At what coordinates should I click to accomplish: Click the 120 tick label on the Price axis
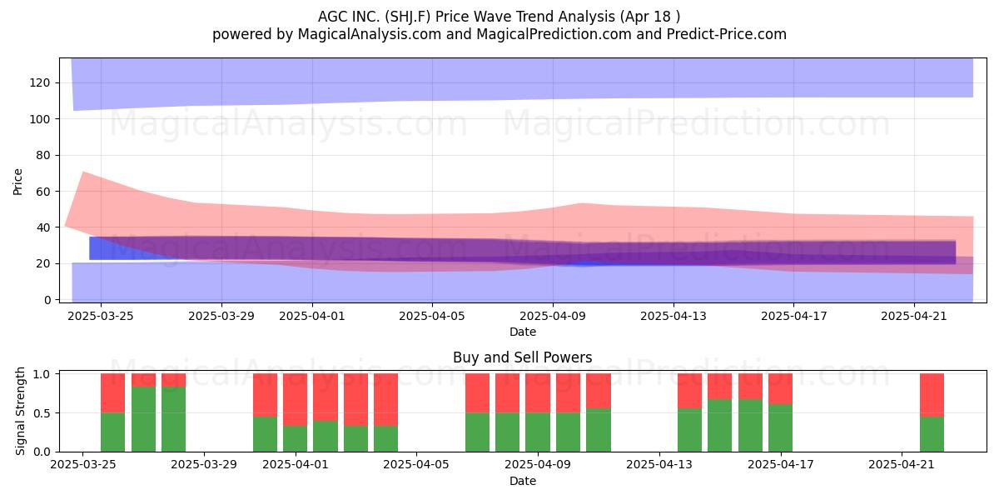pyautogui.click(x=40, y=83)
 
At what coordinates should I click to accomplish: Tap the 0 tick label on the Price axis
pyautogui.click(x=47, y=300)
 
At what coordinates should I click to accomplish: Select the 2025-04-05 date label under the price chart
pyautogui.click(x=432, y=316)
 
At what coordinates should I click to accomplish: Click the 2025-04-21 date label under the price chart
pyautogui.click(x=914, y=316)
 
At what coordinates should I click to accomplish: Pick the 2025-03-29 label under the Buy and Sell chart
pyautogui.click(x=204, y=465)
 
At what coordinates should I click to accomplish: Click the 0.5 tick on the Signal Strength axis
pyautogui.click(x=42, y=413)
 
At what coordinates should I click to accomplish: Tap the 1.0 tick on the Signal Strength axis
pyautogui.click(x=42, y=373)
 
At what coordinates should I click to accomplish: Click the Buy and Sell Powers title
pyautogui.click(x=522, y=357)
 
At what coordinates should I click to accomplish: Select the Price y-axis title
pyautogui.click(x=17, y=182)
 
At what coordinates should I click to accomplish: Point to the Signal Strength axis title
pyautogui.click(x=20, y=411)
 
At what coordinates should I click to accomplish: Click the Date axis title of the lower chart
pyautogui.click(x=523, y=481)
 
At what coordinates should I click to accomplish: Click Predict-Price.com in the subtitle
pyautogui.click(x=727, y=34)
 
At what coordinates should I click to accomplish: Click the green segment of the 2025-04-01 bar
pyautogui.click(x=296, y=439)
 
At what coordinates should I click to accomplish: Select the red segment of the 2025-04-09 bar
pyautogui.click(x=538, y=393)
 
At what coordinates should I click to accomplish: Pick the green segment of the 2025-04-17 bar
pyautogui.click(x=781, y=428)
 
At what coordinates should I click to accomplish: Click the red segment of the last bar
pyautogui.click(x=932, y=395)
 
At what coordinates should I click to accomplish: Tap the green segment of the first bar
pyautogui.click(x=113, y=432)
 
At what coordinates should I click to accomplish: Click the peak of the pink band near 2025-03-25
pyautogui.click(x=83, y=172)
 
